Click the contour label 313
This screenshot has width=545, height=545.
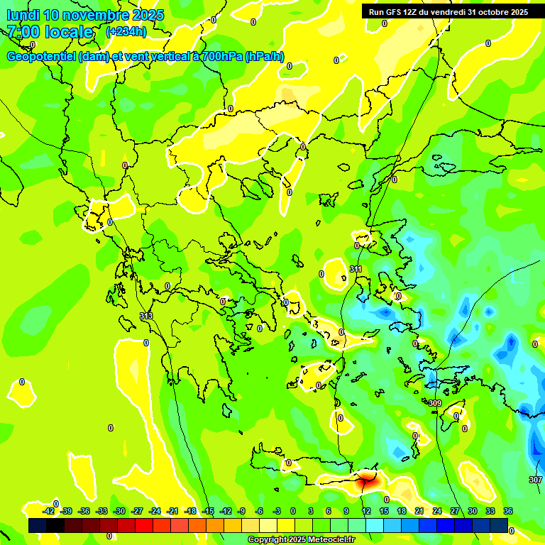pos(146,316)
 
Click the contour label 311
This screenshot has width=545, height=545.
pos(356,270)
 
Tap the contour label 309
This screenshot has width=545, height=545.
pos(435,403)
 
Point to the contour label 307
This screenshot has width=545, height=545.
pos(535,480)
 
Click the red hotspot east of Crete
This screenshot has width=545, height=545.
pos(366,480)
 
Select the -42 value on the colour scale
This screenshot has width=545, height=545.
pos(49,511)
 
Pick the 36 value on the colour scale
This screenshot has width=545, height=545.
pos(508,511)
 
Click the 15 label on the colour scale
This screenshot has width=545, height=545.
pos(383,511)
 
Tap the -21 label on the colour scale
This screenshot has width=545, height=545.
pos(172,511)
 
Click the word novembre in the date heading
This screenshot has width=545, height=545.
pos(99,15)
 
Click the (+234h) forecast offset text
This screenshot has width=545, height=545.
pos(126,32)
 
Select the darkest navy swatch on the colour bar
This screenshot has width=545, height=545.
pos(38,525)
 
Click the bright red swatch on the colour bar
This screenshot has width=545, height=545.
pos(144,525)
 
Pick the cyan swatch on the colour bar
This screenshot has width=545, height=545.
pos(375,525)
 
